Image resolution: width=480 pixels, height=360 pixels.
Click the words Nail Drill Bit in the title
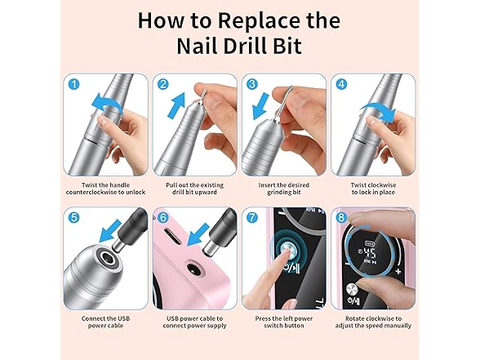pos(239,46)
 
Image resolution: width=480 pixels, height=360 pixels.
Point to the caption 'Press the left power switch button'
pos(283,322)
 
